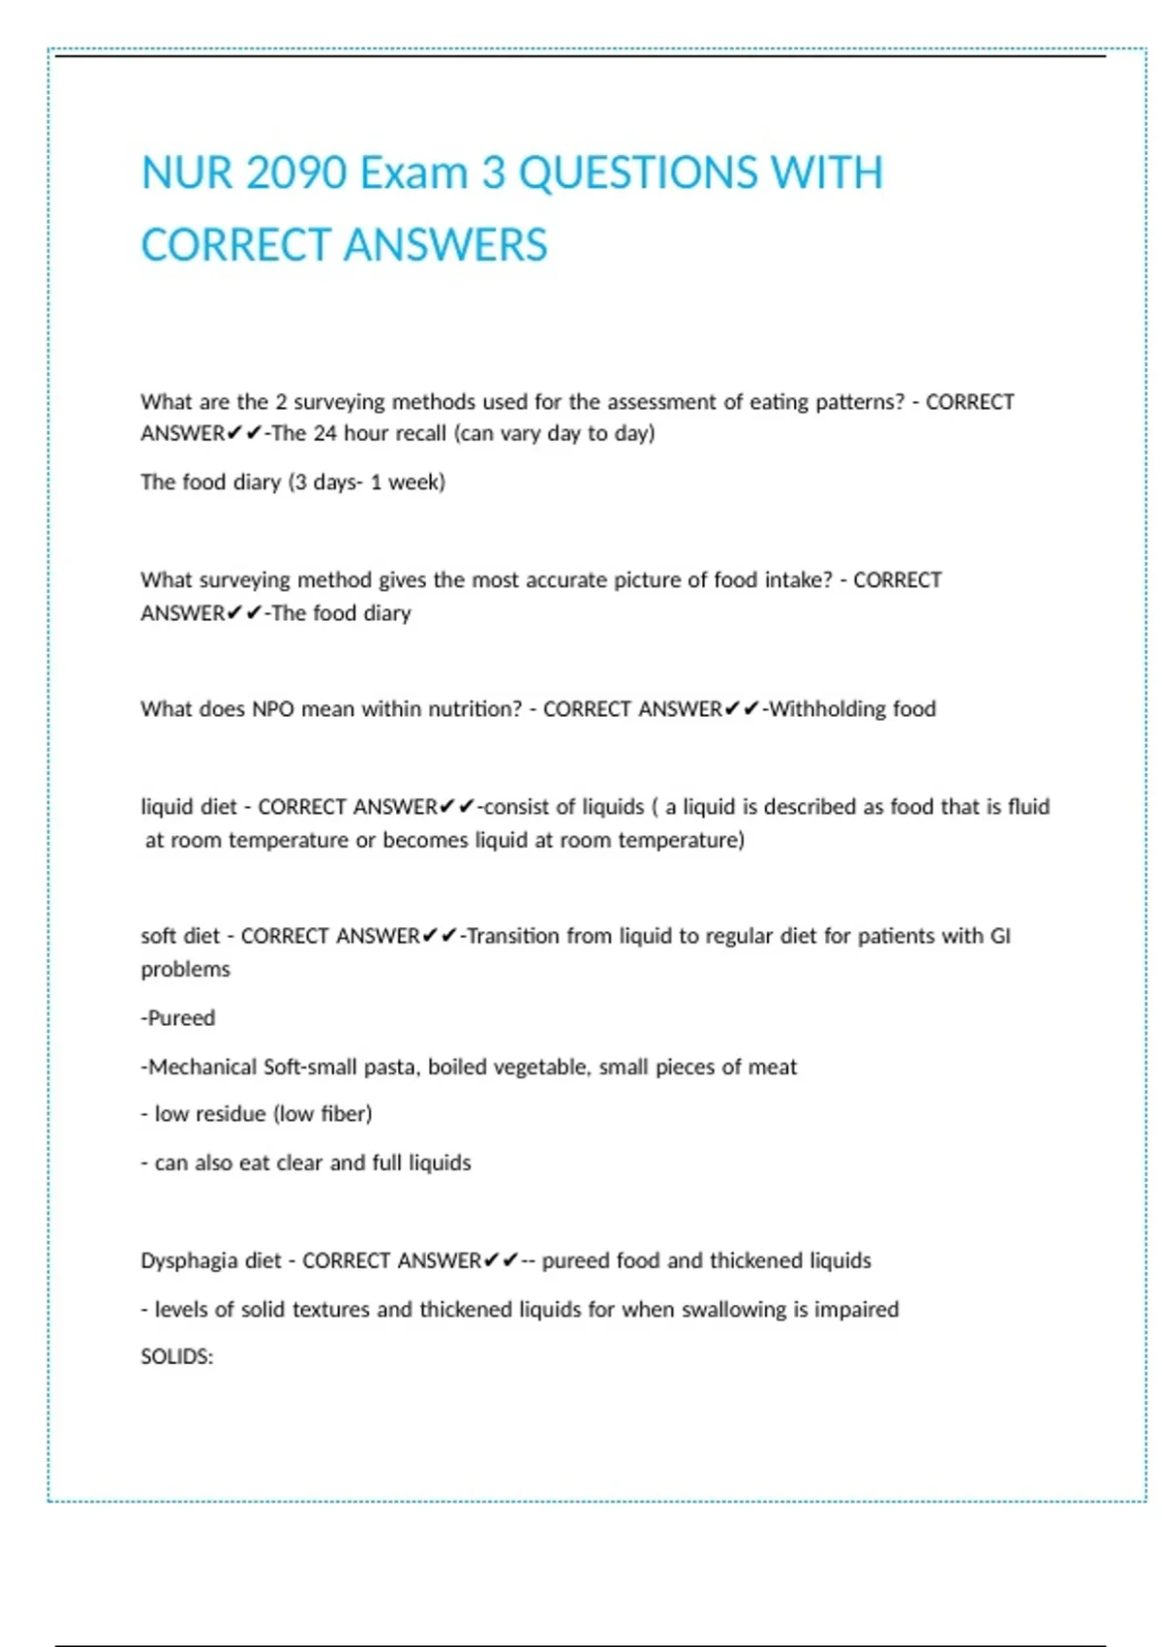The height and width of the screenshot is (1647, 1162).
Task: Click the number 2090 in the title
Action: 296,173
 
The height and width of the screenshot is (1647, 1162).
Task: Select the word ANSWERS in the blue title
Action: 445,245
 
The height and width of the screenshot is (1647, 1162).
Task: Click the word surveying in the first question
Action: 338,402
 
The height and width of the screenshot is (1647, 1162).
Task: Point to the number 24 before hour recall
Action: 325,434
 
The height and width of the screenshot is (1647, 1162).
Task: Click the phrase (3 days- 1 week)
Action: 367,482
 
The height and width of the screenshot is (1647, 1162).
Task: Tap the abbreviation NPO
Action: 273,709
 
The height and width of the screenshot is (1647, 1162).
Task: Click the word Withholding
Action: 828,709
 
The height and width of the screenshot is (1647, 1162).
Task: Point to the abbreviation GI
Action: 1000,936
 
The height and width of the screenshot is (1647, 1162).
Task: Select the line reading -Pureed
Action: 178,1018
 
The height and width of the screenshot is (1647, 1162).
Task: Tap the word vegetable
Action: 540,1067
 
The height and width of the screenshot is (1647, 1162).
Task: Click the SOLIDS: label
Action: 177,1357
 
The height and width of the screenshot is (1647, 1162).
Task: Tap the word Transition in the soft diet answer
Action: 513,936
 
